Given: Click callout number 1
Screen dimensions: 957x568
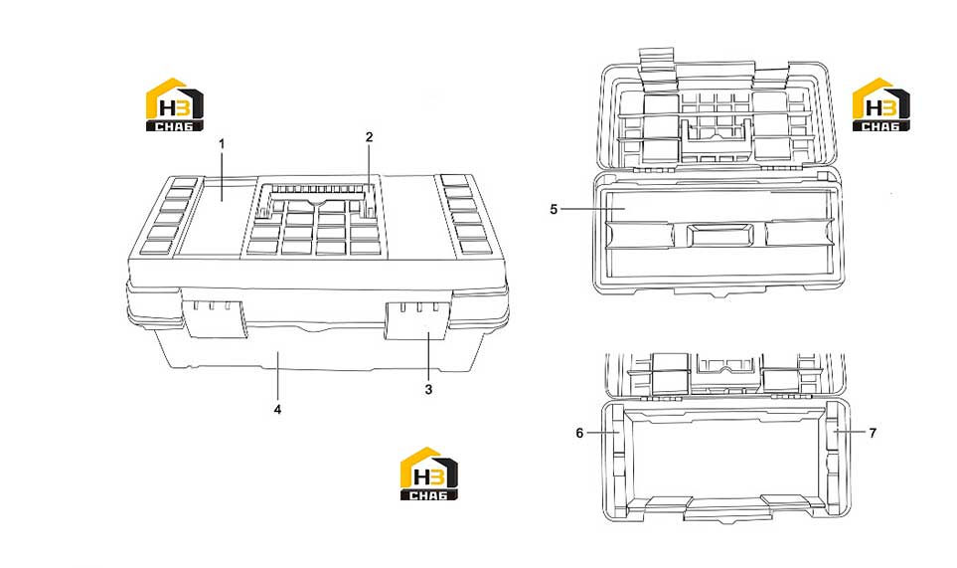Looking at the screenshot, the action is (x=222, y=144).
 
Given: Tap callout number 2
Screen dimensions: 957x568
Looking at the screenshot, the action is (x=370, y=137).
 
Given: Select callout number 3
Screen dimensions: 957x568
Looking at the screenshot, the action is (x=428, y=389).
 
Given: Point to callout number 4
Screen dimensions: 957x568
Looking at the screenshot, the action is (x=277, y=409).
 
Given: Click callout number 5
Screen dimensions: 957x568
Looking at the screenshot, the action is (x=554, y=210).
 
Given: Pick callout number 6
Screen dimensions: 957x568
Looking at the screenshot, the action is (x=579, y=433).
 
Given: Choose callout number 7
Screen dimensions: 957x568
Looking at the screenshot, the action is (x=873, y=433).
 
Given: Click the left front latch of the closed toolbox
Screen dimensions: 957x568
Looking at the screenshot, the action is (x=215, y=318).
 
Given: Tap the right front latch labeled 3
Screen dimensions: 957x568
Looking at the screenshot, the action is (x=419, y=320).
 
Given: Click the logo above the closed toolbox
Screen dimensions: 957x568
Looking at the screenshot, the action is (x=175, y=104).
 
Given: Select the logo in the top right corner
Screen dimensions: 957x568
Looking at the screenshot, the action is (x=881, y=104).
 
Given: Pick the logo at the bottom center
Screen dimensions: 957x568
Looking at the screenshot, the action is (x=429, y=473).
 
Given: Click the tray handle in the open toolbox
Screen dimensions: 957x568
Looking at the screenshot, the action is (x=720, y=235).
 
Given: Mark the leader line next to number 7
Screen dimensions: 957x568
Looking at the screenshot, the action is (x=850, y=432).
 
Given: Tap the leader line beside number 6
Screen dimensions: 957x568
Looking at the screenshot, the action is (x=602, y=433).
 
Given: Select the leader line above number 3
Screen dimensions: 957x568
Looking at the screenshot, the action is (x=428, y=357).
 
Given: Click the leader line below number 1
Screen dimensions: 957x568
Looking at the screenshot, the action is (x=222, y=176).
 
